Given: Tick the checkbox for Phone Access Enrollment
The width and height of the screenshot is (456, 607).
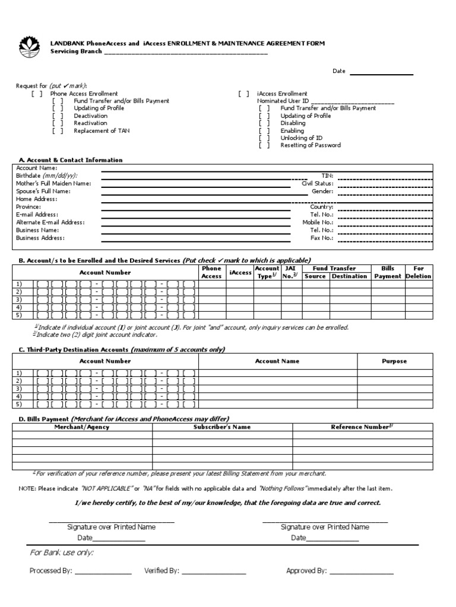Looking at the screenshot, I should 37,94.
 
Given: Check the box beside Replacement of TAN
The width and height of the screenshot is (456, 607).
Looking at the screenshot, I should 58,131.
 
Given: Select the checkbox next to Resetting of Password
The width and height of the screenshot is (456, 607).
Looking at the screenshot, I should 264,145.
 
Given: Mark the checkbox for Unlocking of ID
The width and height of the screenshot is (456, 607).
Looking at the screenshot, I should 264,138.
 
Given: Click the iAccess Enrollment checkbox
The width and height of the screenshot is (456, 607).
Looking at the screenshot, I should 243,94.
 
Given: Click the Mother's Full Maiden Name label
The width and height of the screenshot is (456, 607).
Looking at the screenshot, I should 53,184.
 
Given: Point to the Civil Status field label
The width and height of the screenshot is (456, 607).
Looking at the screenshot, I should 318,184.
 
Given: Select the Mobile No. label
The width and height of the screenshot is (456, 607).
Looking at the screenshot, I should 318,222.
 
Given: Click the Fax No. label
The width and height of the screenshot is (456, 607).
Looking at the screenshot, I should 322,238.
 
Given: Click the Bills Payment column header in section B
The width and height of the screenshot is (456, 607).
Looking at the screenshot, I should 388,272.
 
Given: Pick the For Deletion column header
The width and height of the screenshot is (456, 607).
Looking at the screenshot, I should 419,272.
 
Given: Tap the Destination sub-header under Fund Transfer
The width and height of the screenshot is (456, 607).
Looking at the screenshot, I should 349,276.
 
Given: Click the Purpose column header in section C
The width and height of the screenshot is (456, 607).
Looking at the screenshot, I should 394,361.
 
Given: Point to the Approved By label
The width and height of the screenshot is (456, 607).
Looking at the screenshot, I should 306,571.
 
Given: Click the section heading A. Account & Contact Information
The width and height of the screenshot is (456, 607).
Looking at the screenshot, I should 71,160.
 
